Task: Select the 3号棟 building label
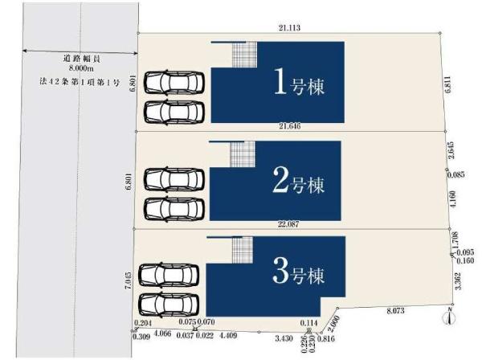point(298,274)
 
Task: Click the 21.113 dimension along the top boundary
point(289,28)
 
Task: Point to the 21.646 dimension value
point(290,126)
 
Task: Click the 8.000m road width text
point(80,70)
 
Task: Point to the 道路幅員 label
point(80,59)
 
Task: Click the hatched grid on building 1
point(244,55)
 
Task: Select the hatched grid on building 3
point(243,250)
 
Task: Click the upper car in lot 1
point(175,82)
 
